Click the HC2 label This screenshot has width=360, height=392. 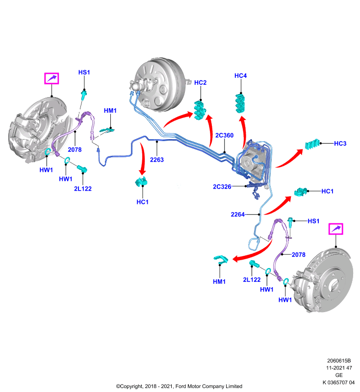(200, 82)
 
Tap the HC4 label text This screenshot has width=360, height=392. (240, 75)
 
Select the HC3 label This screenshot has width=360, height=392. (340, 144)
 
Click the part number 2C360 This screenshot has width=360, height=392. (225, 135)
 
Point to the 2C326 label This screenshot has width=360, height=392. (222, 187)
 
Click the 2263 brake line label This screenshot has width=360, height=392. (157, 160)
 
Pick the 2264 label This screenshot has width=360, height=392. (238, 215)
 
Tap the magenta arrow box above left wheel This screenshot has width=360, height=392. (51, 78)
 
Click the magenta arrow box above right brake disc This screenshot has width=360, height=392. (336, 229)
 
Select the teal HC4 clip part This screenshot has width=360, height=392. (240, 103)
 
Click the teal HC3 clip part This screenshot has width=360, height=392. (312, 144)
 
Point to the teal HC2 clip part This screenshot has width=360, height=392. (200, 110)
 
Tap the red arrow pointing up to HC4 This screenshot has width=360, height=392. (243, 132)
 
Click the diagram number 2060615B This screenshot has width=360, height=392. (339, 361)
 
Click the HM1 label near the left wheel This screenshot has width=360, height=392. (110, 111)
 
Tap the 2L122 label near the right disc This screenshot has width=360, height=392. (252, 280)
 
